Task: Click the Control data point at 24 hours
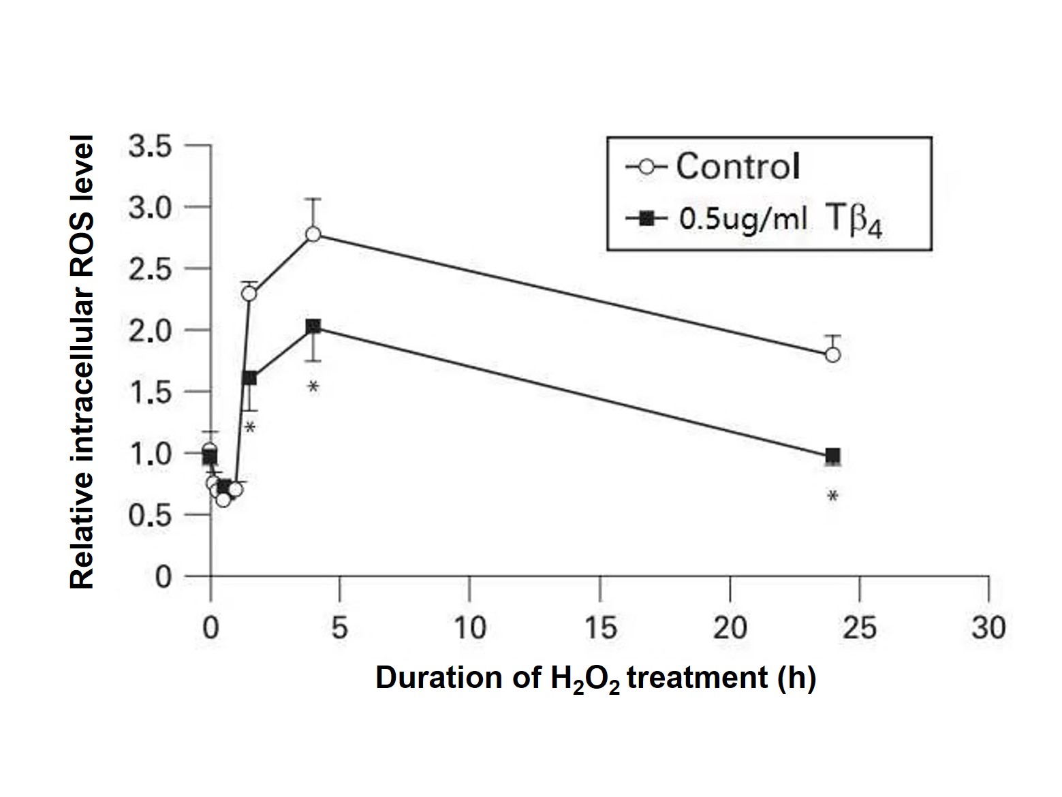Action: (x=832, y=355)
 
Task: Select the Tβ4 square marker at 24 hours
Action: (x=832, y=456)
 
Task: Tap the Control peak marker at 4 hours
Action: (x=313, y=234)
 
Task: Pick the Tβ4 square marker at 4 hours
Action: (x=313, y=327)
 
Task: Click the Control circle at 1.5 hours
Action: (x=249, y=294)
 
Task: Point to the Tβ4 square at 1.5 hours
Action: (x=249, y=378)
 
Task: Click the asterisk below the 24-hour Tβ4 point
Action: (x=832, y=497)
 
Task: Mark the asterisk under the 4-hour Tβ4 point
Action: (x=313, y=388)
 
